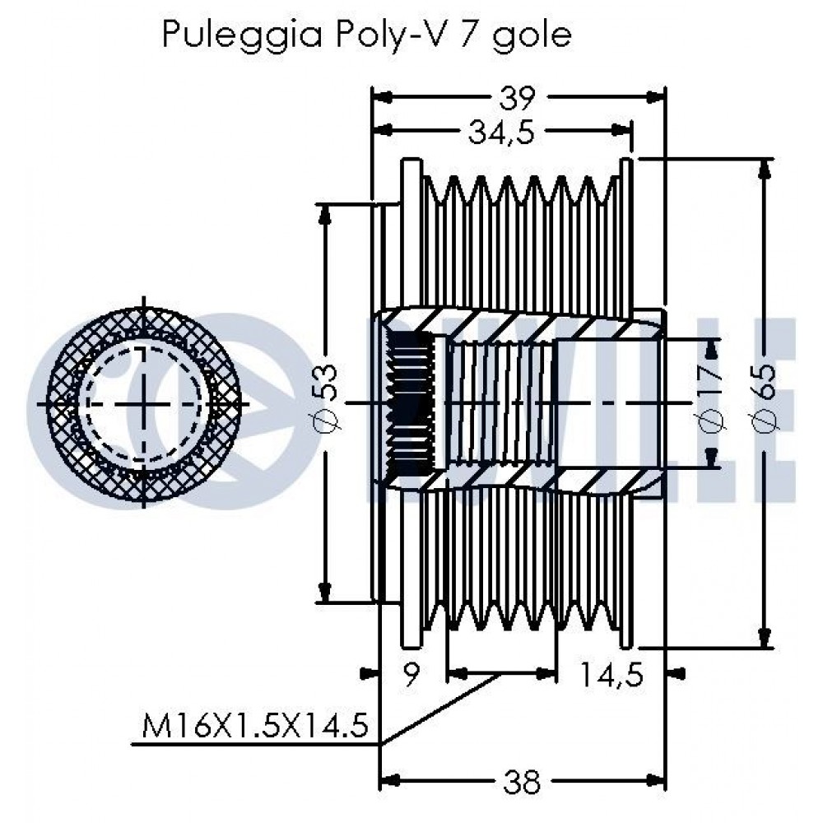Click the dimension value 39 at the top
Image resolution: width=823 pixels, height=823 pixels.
tap(517, 98)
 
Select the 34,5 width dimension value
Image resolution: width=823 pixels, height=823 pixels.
tap(501, 133)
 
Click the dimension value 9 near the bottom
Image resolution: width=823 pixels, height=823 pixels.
tap(411, 674)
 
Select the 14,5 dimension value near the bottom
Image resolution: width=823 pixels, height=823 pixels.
tap(611, 675)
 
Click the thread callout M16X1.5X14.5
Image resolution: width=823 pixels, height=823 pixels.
tap(255, 727)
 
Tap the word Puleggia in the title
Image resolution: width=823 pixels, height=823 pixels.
tap(242, 35)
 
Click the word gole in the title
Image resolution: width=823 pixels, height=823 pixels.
tap(531, 35)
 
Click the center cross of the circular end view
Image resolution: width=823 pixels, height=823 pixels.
tap(144, 403)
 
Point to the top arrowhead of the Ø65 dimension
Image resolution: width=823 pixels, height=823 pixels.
tap(765, 169)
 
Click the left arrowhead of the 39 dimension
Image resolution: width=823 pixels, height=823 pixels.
tap(382, 96)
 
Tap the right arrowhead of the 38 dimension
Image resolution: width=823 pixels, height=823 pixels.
tap(655, 782)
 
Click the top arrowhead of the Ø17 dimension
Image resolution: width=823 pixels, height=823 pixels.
tap(712, 350)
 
